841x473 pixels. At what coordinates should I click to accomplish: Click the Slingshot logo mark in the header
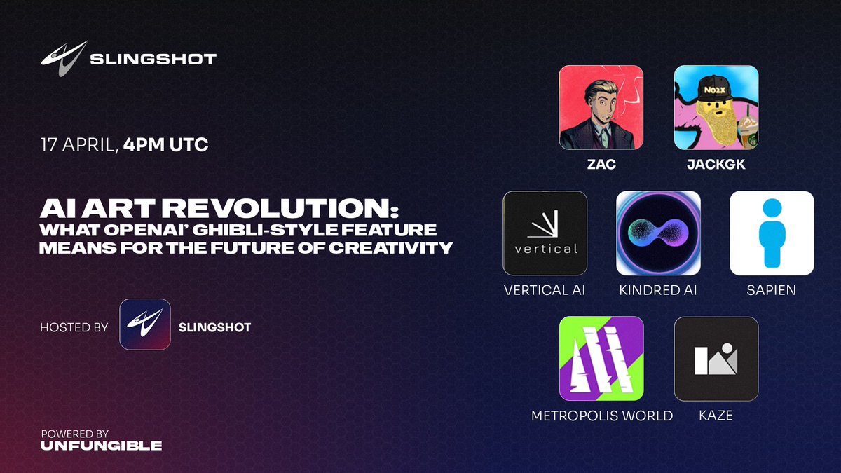[64, 59]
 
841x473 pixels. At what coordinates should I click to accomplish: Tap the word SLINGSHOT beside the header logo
[153, 60]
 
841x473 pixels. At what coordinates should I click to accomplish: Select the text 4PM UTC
[165, 144]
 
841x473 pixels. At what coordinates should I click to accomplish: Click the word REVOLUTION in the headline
[280, 208]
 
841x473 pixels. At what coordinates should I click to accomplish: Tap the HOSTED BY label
[74, 327]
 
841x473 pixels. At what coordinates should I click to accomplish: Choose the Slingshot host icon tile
[145, 324]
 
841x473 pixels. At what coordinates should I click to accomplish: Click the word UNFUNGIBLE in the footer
[102, 446]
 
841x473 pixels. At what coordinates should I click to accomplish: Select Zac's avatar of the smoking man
[601, 107]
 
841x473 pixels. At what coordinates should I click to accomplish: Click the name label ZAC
[601, 165]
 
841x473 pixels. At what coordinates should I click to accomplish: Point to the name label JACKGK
[716, 165]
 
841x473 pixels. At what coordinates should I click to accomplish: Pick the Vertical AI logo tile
[545, 233]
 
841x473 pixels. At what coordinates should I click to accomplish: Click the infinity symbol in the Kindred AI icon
[659, 233]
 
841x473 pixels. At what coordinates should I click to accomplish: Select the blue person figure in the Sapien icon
[772, 233]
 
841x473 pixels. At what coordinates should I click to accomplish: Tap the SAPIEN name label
[771, 290]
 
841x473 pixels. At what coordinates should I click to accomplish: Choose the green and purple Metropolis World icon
[601, 359]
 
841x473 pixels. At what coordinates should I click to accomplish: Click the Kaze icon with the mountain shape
[716, 359]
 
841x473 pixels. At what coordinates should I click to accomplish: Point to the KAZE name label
[716, 416]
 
